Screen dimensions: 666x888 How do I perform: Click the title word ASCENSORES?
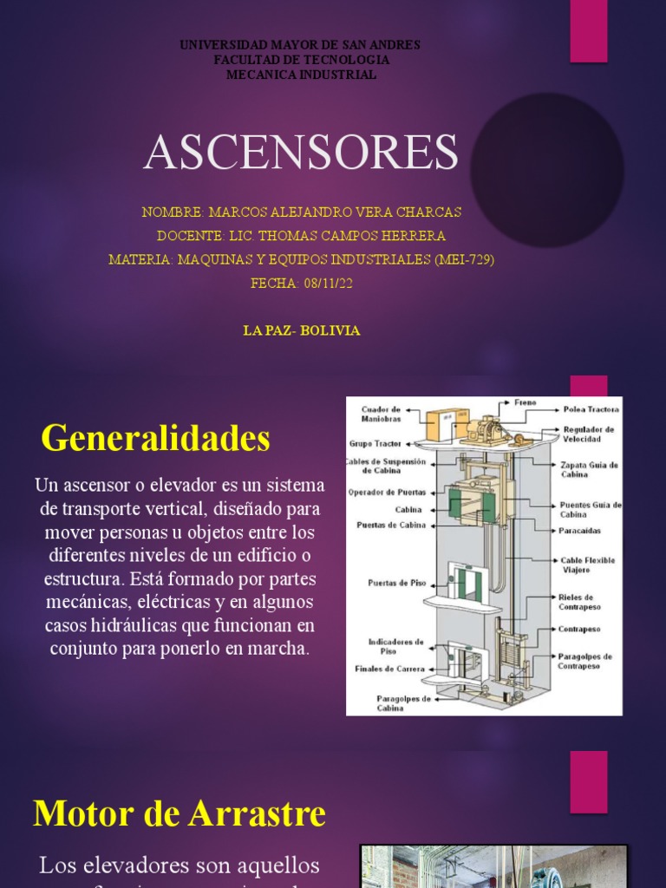(300, 153)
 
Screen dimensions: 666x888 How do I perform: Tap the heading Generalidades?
(156, 438)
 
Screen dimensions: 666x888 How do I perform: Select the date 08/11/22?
(328, 283)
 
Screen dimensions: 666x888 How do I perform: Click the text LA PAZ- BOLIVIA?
(303, 330)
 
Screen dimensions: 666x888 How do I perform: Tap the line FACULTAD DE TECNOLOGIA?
(301, 60)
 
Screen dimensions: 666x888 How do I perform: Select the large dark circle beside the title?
(546, 170)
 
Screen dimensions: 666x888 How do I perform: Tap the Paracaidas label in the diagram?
(580, 531)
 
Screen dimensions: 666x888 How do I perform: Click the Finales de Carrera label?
(390, 669)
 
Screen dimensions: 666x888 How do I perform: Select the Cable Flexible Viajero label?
(587, 565)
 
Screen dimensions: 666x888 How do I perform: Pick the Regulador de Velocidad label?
(589, 434)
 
